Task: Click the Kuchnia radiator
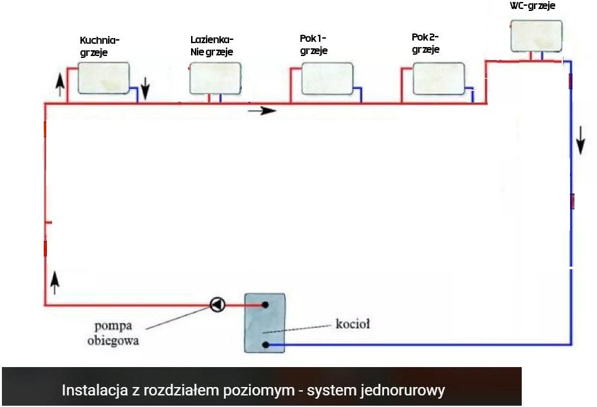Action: point(104,78)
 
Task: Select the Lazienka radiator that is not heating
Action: point(216,78)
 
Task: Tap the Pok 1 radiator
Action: point(327,79)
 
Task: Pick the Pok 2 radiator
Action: point(439,79)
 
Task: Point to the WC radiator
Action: point(536,36)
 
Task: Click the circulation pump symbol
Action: point(217,305)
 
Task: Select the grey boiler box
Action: point(264,323)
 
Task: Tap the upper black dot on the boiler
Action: point(266,305)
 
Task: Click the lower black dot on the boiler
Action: point(266,345)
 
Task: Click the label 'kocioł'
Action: point(353,324)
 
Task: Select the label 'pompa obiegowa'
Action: point(113,333)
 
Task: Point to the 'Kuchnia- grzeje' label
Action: point(100,46)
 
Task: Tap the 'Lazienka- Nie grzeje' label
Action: point(212,45)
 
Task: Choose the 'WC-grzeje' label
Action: point(532,5)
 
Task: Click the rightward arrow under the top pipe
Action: point(262,111)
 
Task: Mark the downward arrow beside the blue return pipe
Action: point(580,140)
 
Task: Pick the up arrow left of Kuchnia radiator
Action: point(60,84)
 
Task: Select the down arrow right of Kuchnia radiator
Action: point(145,89)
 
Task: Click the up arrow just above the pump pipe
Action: point(55,282)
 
